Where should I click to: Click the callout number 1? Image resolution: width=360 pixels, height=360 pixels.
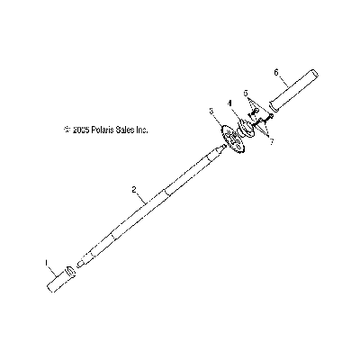coord(47,263)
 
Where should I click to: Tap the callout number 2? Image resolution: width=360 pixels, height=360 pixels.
coord(134,189)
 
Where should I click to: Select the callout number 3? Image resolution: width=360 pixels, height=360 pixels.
coord(211,112)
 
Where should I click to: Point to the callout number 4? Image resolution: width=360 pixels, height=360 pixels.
coord(229,103)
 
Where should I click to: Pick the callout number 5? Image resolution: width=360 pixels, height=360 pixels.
coord(246,94)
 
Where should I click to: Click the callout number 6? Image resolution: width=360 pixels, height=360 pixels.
coord(276,72)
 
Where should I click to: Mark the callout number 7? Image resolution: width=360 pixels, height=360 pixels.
coord(271,142)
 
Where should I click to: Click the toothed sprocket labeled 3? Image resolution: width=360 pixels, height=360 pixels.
coord(233,140)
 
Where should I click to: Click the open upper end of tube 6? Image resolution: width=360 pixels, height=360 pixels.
coord(314,74)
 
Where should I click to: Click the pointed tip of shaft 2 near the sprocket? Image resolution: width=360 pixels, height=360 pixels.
coord(222,147)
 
